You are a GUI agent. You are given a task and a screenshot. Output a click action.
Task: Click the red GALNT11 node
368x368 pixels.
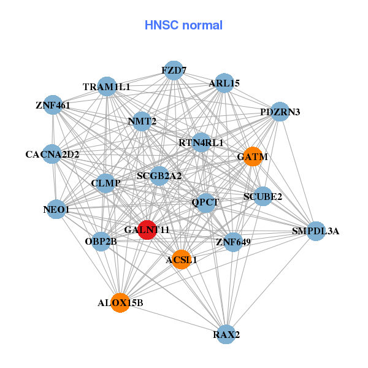tap(147, 230)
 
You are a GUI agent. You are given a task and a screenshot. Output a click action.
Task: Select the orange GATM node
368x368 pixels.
tap(253, 157)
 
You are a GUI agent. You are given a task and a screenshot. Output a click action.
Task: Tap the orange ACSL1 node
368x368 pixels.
tap(181, 259)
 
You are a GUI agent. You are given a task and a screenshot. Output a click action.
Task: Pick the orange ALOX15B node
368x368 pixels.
tap(120, 302)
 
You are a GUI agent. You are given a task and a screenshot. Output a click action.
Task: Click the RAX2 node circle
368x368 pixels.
tap(227, 334)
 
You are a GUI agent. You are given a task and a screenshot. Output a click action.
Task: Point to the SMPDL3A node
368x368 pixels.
tap(315, 231)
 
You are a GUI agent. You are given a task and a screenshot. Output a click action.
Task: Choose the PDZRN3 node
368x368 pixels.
tap(280, 112)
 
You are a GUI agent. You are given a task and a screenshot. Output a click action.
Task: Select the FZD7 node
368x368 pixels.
tap(174, 70)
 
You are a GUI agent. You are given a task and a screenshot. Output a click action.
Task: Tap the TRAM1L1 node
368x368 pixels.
tap(107, 87)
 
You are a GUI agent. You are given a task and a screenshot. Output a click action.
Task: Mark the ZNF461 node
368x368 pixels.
tap(53, 105)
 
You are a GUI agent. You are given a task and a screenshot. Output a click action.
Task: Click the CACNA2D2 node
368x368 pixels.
tap(53, 154)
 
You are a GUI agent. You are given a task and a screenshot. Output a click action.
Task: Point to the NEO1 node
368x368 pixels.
tap(56, 210)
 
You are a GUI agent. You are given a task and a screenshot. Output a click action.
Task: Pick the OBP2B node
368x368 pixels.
tap(101, 241)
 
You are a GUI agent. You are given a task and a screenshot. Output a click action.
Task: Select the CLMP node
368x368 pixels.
tap(105, 183)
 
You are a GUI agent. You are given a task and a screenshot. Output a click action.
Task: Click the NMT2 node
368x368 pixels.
tap(142, 121)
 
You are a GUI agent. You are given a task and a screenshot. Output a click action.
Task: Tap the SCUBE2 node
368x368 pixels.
tap(263, 197)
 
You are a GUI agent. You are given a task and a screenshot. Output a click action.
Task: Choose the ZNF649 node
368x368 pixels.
tap(233, 242)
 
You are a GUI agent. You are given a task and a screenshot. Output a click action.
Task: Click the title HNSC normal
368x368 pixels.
tap(183, 25)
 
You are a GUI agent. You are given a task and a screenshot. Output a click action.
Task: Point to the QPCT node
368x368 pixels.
tap(205, 202)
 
